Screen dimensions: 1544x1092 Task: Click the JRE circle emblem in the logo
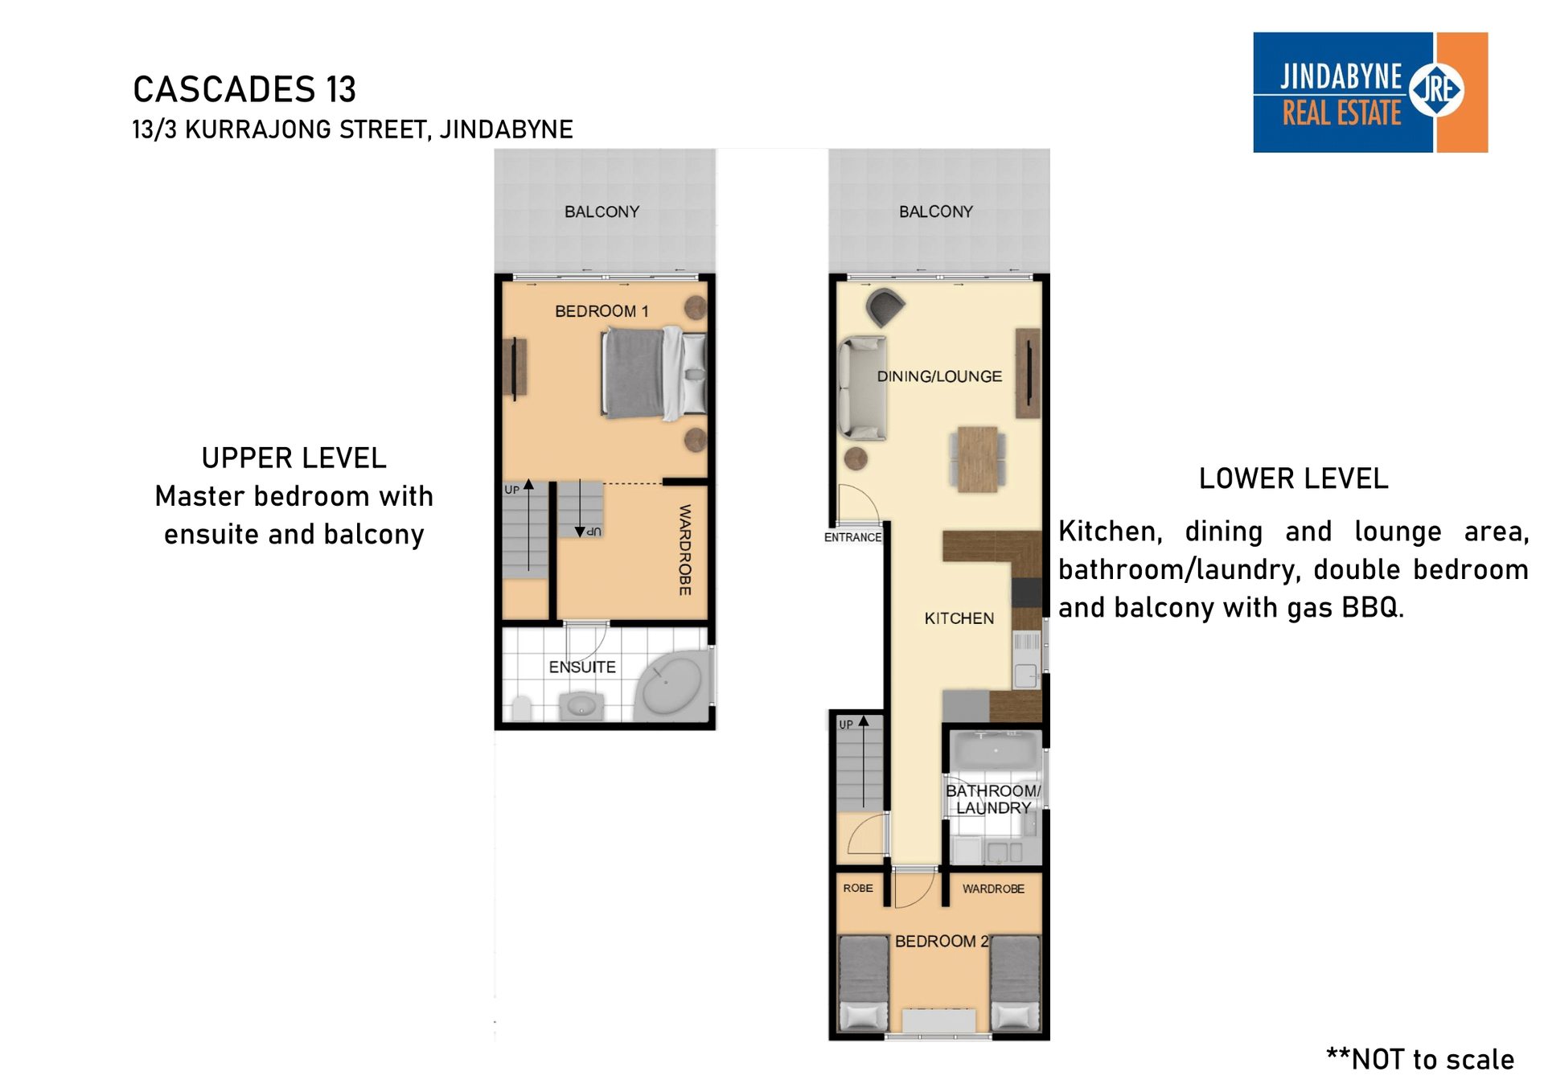[1436, 89]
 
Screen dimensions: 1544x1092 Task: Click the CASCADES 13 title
[244, 89]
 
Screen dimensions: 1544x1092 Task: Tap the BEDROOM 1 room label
[602, 311]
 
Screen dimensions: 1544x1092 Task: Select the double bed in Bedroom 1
[654, 373]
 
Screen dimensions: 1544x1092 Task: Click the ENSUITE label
[582, 667]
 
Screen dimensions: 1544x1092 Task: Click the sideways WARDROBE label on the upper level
[685, 550]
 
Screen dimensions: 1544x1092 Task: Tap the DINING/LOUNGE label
[939, 376]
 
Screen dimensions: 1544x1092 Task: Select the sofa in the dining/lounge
[862, 388]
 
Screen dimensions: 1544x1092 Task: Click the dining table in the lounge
[978, 459]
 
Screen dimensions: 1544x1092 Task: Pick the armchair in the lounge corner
[885, 306]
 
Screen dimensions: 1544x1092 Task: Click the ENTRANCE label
[852, 537]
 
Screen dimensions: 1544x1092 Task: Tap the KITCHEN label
[959, 618]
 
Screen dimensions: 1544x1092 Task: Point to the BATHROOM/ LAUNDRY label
[993, 799]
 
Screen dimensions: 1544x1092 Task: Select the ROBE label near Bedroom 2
[858, 888]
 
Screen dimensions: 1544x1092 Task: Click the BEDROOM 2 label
[942, 941]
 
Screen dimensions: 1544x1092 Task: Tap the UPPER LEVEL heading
[294, 458]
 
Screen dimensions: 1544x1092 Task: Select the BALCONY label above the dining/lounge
[936, 211]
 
